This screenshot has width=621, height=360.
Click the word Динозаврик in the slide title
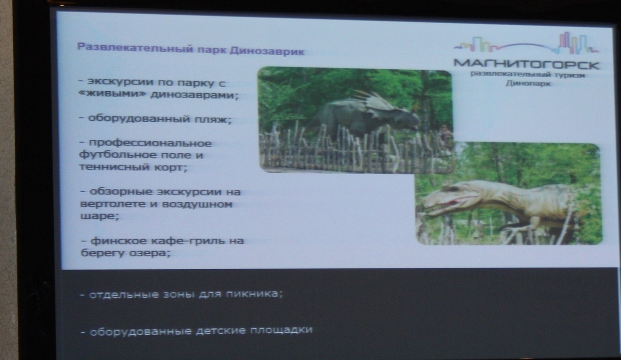click(267, 51)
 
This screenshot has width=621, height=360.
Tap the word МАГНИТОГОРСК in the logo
click(526, 64)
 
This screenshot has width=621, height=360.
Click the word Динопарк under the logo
click(528, 83)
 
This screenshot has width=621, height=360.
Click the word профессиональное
click(150, 144)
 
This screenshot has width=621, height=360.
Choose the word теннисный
click(114, 167)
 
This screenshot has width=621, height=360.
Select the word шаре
click(99, 216)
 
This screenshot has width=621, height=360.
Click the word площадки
click(281, 330)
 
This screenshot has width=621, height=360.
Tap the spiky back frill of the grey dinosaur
click(372, 100)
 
